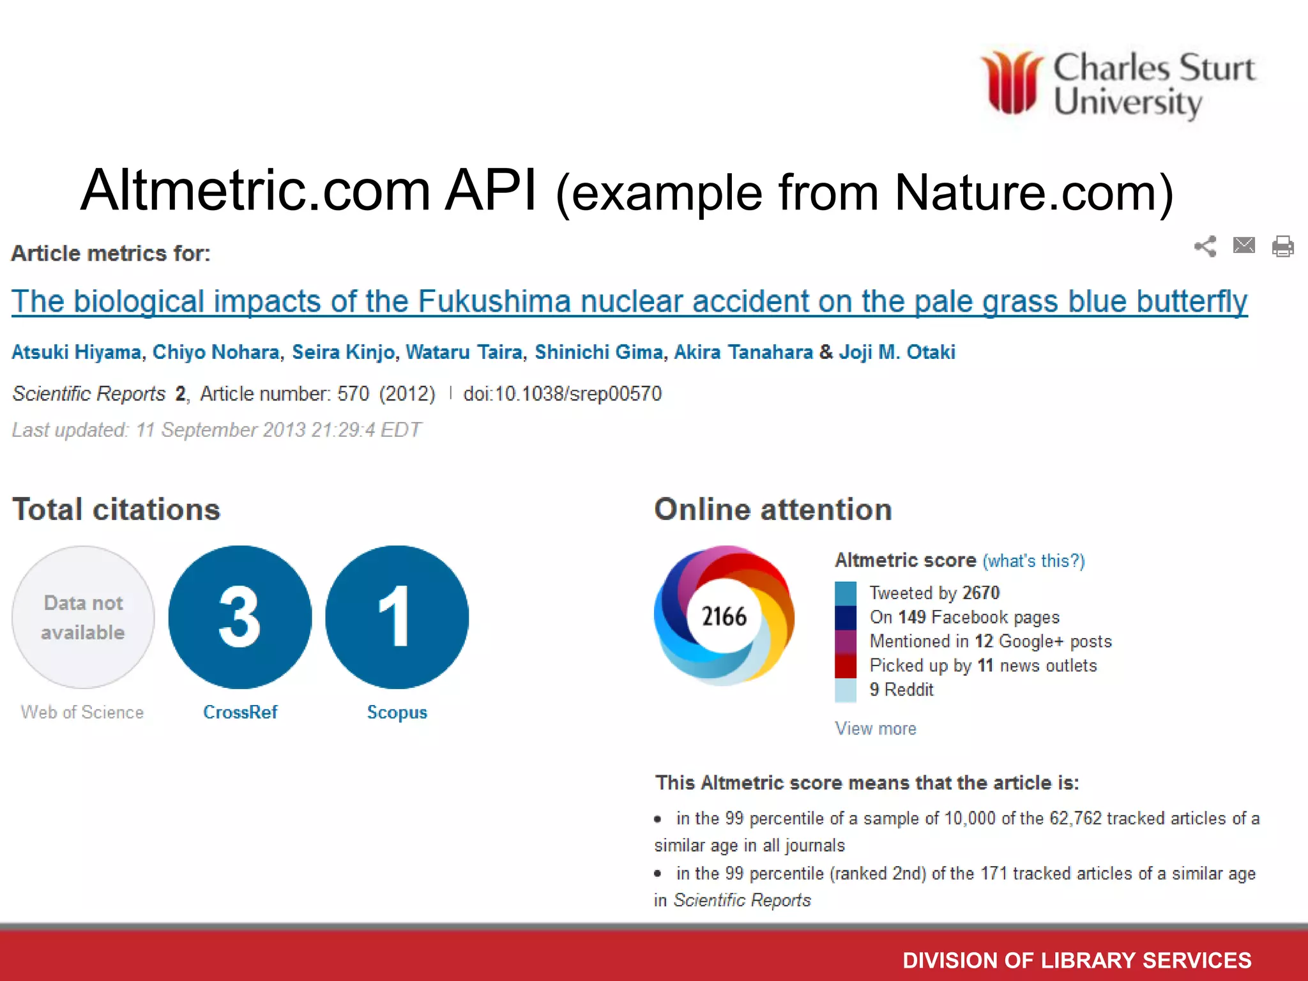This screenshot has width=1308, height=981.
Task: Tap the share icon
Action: point(1205,247)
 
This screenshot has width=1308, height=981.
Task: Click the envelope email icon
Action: point(1243,245)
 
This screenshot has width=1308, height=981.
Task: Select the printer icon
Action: point(1282,247)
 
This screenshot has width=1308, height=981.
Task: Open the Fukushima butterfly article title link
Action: point(629,301)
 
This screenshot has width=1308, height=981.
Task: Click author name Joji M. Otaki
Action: point(897,352)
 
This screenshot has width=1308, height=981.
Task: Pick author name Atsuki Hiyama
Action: point(77,352)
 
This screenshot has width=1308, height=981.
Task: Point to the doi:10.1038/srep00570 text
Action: point(562,393)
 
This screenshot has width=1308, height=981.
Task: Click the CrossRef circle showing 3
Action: point(240,617)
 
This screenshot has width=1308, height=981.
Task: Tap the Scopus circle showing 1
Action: point(397,617)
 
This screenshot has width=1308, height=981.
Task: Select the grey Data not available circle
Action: point(83,617)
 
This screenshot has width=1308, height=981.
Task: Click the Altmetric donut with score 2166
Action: point(724,616)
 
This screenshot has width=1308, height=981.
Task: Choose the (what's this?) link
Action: point(1033,561)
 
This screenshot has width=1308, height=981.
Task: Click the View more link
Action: point(875,729)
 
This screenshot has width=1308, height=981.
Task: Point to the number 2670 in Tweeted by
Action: point(980,593)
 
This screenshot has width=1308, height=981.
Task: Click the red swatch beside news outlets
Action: point(845,665)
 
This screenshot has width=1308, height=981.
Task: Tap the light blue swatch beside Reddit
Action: point(845,690)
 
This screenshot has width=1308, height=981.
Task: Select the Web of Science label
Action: point(82,712)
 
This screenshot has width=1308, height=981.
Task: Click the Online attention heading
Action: point(773,510)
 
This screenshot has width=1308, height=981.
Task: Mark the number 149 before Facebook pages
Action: point(911,617)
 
